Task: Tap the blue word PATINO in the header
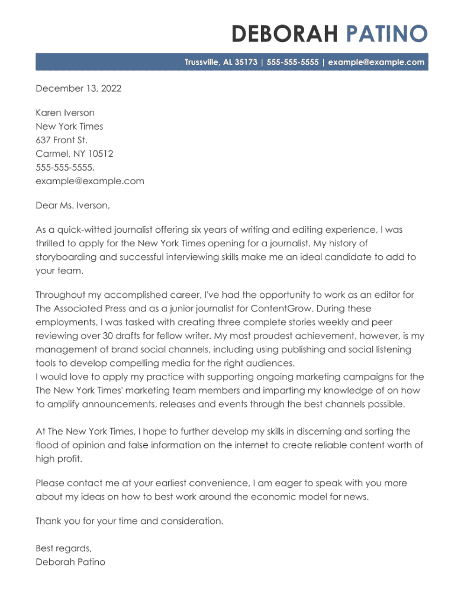click(x=386, y=34)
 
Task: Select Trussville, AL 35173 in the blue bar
click(x=221, y=62)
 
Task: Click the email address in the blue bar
click(x=376, y=62)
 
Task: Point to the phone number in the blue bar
click(x=293, y=62)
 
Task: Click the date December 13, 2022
click(x=78, y=89)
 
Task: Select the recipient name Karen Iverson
click(x=65, y=113)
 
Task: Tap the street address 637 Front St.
click(x=62, y=140)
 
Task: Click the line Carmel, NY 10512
click(x=75, y=153)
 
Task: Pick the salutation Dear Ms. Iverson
click(x=73, y=205)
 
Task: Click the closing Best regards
click(x=63, y=548)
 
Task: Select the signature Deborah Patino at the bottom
click(x=70, y=562)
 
